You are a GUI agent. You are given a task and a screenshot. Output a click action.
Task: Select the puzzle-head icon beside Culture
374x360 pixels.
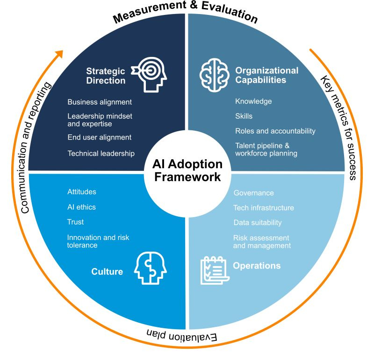click(150, 268)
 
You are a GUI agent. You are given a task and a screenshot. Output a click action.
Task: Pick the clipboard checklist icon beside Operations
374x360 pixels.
click(214, 269)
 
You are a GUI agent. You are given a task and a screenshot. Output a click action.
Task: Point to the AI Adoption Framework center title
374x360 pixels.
click(187, 171)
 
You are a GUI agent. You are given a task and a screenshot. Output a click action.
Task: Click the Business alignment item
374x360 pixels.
click(100, 102)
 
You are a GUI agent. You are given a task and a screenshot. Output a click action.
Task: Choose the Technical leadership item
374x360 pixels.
click(101, 153)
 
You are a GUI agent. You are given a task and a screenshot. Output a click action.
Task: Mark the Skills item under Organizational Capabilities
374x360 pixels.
click(244, 116)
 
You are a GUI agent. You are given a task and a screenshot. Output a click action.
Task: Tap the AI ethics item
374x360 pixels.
click(82, 207)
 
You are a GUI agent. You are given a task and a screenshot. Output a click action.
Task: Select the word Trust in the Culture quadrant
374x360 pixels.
click(75, 222)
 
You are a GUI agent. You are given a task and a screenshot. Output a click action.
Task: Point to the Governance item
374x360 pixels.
click(253, 193)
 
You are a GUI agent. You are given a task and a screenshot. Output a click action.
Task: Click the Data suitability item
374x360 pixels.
click(257, 223)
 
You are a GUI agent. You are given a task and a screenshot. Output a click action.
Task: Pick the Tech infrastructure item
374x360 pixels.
click(263, 208)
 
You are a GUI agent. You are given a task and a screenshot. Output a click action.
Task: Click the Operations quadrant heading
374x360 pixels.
click(257, 266)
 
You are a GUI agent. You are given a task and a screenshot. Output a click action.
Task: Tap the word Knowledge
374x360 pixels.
click(253, 101)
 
